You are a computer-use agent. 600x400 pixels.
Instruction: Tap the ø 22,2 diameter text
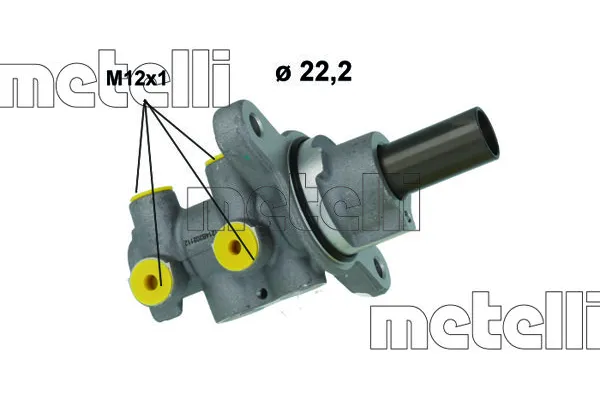click(313, 72)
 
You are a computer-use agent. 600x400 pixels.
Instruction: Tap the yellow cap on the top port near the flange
click(211, 158)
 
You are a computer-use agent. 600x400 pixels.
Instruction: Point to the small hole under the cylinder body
click(262, 294)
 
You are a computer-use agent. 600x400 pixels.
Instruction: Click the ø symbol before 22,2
click(283, 72)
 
